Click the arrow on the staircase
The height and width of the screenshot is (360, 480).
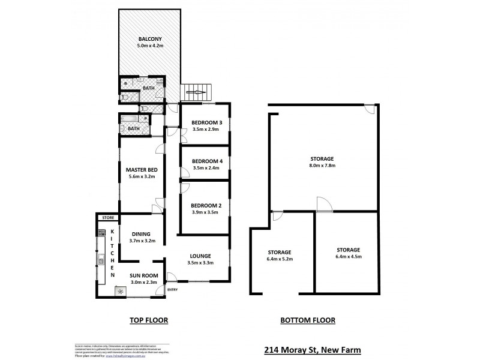196,92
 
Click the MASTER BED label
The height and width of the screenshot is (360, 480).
141,170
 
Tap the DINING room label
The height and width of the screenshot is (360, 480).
142,234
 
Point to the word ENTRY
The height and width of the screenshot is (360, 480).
173,290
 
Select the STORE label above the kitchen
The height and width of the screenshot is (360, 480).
108,217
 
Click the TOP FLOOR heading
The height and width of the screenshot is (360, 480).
148,320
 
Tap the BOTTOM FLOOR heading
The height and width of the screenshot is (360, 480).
308,320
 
